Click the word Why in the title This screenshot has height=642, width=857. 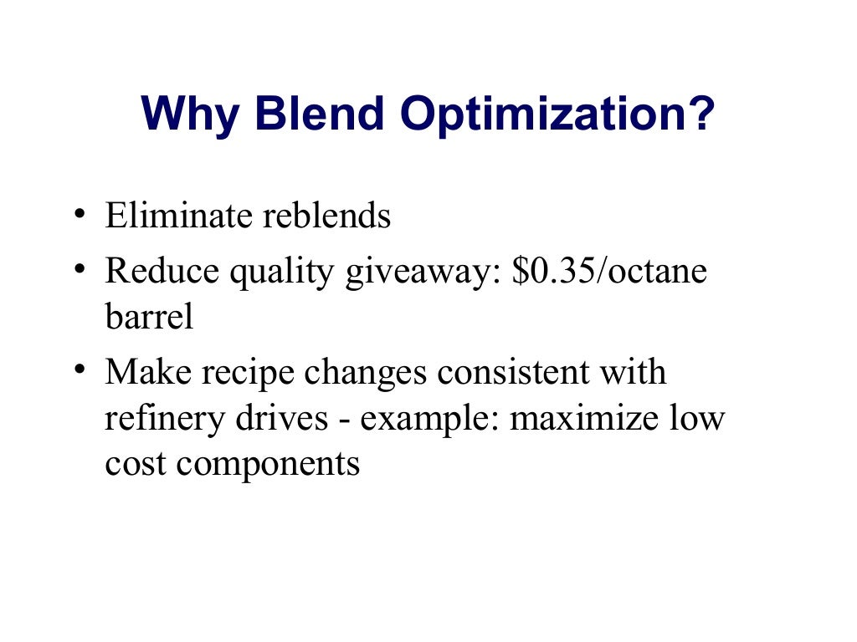tap(191, 115)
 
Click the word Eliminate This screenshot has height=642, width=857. tap(178, 216)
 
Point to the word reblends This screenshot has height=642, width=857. tap(326, 216)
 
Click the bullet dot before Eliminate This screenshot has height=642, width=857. tap(78, 215)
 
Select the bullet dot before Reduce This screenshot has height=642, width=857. tap(78, 269)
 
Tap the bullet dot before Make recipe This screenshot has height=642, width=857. tap(78, 369)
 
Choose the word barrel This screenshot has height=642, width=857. tap(149, 318)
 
